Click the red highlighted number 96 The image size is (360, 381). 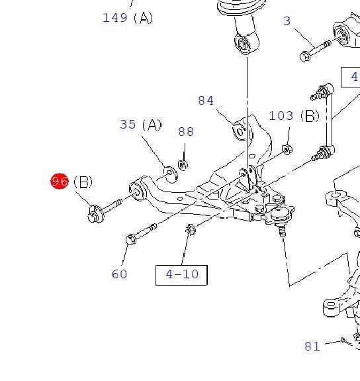pos(60,180)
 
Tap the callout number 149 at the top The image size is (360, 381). pos(115,18)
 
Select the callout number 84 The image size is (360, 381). pos(206,101)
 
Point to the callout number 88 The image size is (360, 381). pos(186,132)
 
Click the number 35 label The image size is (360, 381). pos(128,125)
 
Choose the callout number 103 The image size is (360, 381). pos(281,116)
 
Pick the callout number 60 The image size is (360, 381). pos(119,274)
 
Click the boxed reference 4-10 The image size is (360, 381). pos(181,274)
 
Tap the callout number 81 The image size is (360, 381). pos(312,346)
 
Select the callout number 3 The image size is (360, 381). pos(287,21)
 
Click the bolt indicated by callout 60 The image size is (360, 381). pos(139,234)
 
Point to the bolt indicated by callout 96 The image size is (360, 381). pos(104,209)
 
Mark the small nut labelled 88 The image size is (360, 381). pos(183,164)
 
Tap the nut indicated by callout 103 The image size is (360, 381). pos(287,149)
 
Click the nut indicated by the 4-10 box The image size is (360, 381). pos(191,229)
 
